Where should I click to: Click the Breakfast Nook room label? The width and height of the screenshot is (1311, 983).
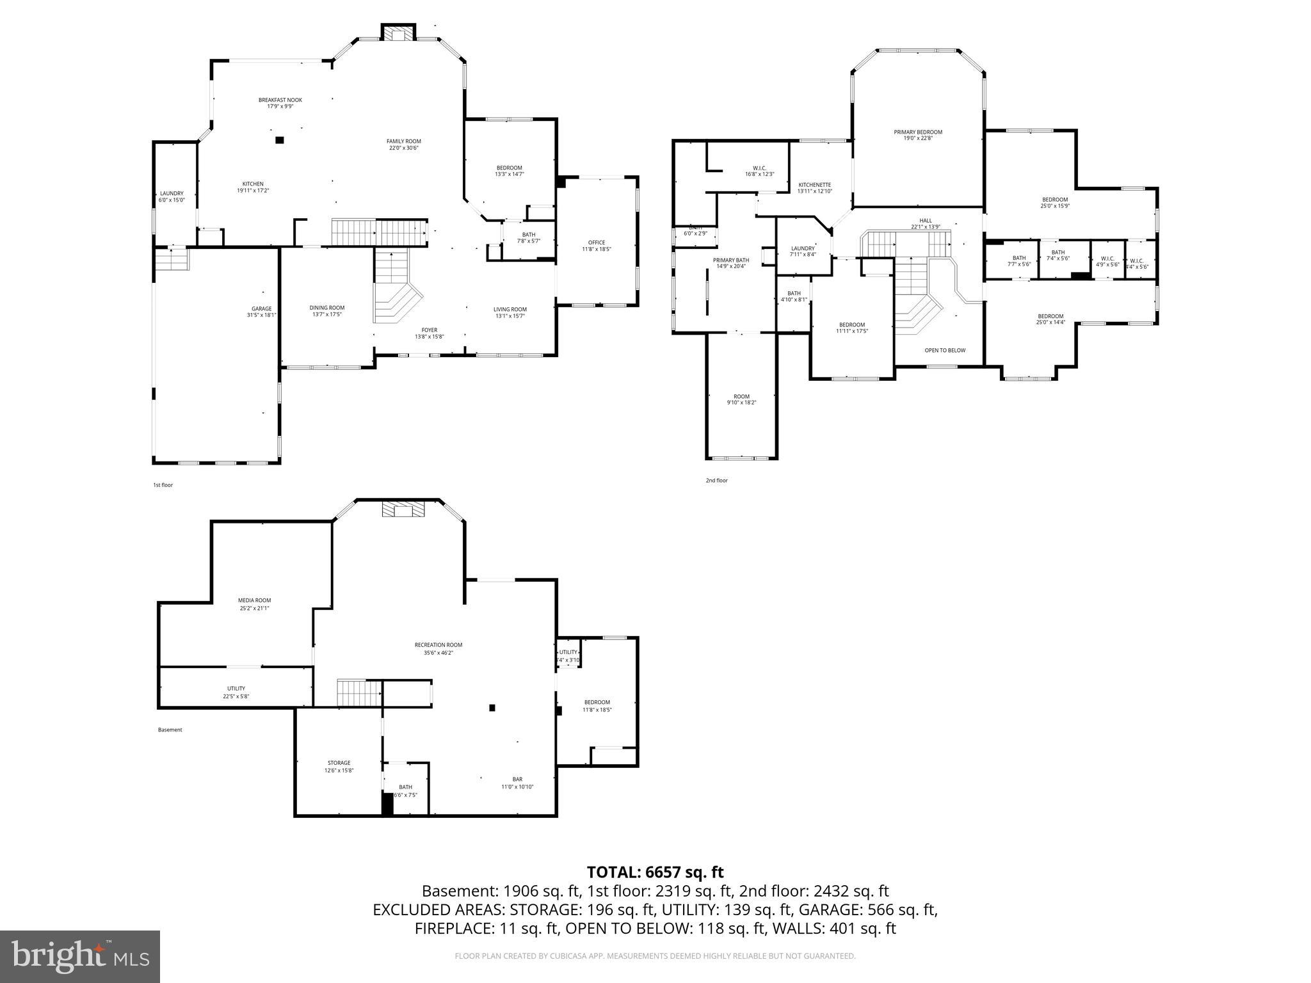pos(280,100)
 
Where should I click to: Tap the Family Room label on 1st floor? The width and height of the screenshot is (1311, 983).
pos(403,141)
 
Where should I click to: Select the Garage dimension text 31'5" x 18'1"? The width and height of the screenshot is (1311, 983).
pos(261,315)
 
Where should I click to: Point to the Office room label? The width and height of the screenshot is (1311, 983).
pos(597,242)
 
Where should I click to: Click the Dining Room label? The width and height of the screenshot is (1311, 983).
pos(326,308)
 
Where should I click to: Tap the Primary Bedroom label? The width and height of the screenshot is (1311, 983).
pos(918,132)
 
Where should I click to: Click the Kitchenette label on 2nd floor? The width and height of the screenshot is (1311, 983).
pos(814,184)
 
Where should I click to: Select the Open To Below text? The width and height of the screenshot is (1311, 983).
pos(944,350)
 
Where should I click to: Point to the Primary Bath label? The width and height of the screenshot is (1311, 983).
pos(730,260)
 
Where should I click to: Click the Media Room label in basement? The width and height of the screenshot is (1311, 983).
pos(254,600)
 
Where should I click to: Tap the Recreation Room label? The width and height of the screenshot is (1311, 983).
pos(438,645)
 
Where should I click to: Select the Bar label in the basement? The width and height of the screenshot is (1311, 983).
pos(517,779)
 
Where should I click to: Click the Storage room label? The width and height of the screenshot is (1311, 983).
pos(339,763)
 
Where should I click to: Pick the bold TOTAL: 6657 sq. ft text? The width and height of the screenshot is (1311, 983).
pos(655,872)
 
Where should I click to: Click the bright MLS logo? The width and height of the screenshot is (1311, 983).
pos(80,956)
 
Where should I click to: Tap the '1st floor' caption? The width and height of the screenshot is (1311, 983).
pos(163,485)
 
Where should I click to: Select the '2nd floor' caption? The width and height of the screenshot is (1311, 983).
pos(717,480)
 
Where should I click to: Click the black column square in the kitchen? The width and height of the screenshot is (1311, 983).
pos(279,140)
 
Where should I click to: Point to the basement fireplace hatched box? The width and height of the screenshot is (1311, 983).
pos(403,509)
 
